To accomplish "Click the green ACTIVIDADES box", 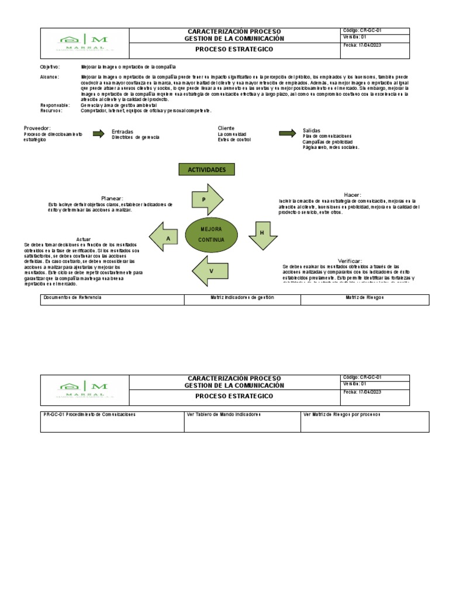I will [x=206, y=169].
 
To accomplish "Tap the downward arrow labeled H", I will [x=262, y=234].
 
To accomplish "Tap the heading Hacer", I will [x=353, y=194].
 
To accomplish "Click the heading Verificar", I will [x=350, y=260].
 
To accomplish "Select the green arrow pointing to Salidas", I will [x=287, y=133].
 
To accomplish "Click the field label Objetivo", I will [x=50, y=68].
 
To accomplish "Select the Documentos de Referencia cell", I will [x=112, y=300].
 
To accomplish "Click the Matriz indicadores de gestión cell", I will [x=242, y=300].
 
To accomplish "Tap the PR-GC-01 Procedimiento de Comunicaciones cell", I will [x=112, y=421].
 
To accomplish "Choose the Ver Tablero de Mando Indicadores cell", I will [x=242, y=421].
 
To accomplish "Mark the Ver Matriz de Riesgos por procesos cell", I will [x=364, y=421].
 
